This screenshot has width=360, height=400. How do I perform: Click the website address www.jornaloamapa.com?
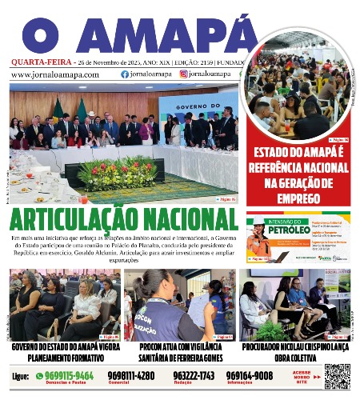point(55,74)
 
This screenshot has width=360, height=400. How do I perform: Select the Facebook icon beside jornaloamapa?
point(124,74)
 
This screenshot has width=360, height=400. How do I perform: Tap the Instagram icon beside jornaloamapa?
point(183,74)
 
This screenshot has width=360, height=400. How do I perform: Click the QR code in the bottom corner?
point(337,375)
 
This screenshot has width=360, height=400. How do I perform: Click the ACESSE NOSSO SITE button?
point(302,376)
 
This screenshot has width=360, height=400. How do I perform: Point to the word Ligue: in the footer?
point(21,375)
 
